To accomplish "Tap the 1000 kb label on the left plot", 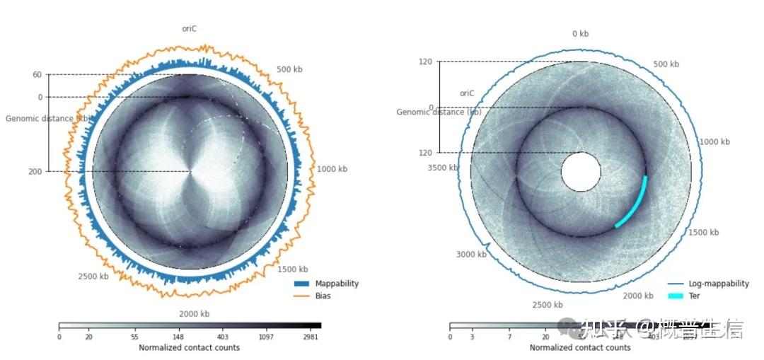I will tap(332, 169).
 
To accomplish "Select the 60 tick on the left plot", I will tap(37, 74).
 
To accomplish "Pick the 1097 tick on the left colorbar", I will tap(267, 337).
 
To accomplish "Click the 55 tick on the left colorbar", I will tap(134, 337).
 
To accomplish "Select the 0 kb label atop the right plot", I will tap(580, 33).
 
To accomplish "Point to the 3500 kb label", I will tap(443, 168).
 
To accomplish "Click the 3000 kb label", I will tap(470, 255).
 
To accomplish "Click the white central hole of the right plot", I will tap(581, 172).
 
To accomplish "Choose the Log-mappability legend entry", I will tap(718, 284).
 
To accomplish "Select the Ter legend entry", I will tap(694, 296).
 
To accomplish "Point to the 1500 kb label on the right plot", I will tap(703, 232).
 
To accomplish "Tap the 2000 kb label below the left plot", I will tap(195, 314).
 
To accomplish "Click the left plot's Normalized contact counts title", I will tap(189, 347).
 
